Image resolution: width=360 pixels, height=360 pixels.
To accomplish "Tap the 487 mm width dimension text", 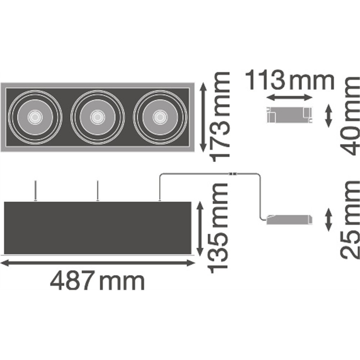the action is pyautogui.click(x=97, y=280).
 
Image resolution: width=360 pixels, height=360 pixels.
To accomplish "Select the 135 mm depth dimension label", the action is pyautogui.click(x=217, y=229).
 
